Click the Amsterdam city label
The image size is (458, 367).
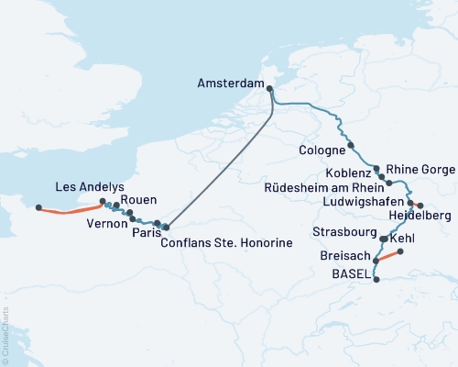coord(231,83)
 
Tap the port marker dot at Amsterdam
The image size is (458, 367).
coord(269,88)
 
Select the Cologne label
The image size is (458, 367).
coord(322,149)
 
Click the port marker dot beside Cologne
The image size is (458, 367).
coord(351,146)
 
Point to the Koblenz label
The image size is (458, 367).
coord(348,172)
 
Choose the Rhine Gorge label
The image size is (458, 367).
coord(419,169)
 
